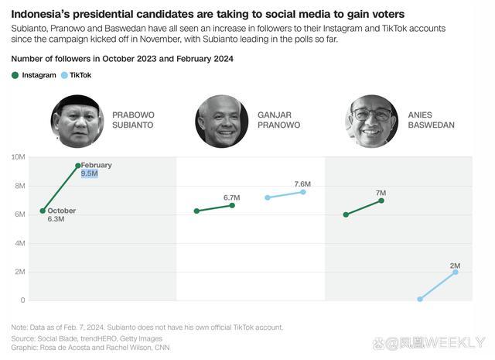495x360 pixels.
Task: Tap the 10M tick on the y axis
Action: (x=18, y=157)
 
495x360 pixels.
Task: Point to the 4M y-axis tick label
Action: (x=19, y=243)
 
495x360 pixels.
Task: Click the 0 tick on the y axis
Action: (x=22, y=300)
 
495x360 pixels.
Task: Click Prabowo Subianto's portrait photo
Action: (x=77, y=122)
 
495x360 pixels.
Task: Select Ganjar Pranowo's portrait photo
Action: (x=221, y=122)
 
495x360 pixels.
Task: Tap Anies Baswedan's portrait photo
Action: (x=371, y=122)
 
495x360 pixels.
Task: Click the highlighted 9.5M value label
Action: (x=89, y=174)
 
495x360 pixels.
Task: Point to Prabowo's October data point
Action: (x=43, y=211)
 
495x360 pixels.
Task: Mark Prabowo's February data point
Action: (x=78, y=165)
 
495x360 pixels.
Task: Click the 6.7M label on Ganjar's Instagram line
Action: (x=231, y=197)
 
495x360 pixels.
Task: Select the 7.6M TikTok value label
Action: (x=302, y=183)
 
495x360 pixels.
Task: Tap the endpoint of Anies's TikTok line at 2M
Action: (x=456, y=272)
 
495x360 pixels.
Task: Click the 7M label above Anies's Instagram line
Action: (x=381, y=193)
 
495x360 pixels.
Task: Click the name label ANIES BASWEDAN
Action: (x=431, y=119)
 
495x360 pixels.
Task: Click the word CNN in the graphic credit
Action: (x=161, y=348)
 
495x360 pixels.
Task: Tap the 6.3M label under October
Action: (x=56, y=219)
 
